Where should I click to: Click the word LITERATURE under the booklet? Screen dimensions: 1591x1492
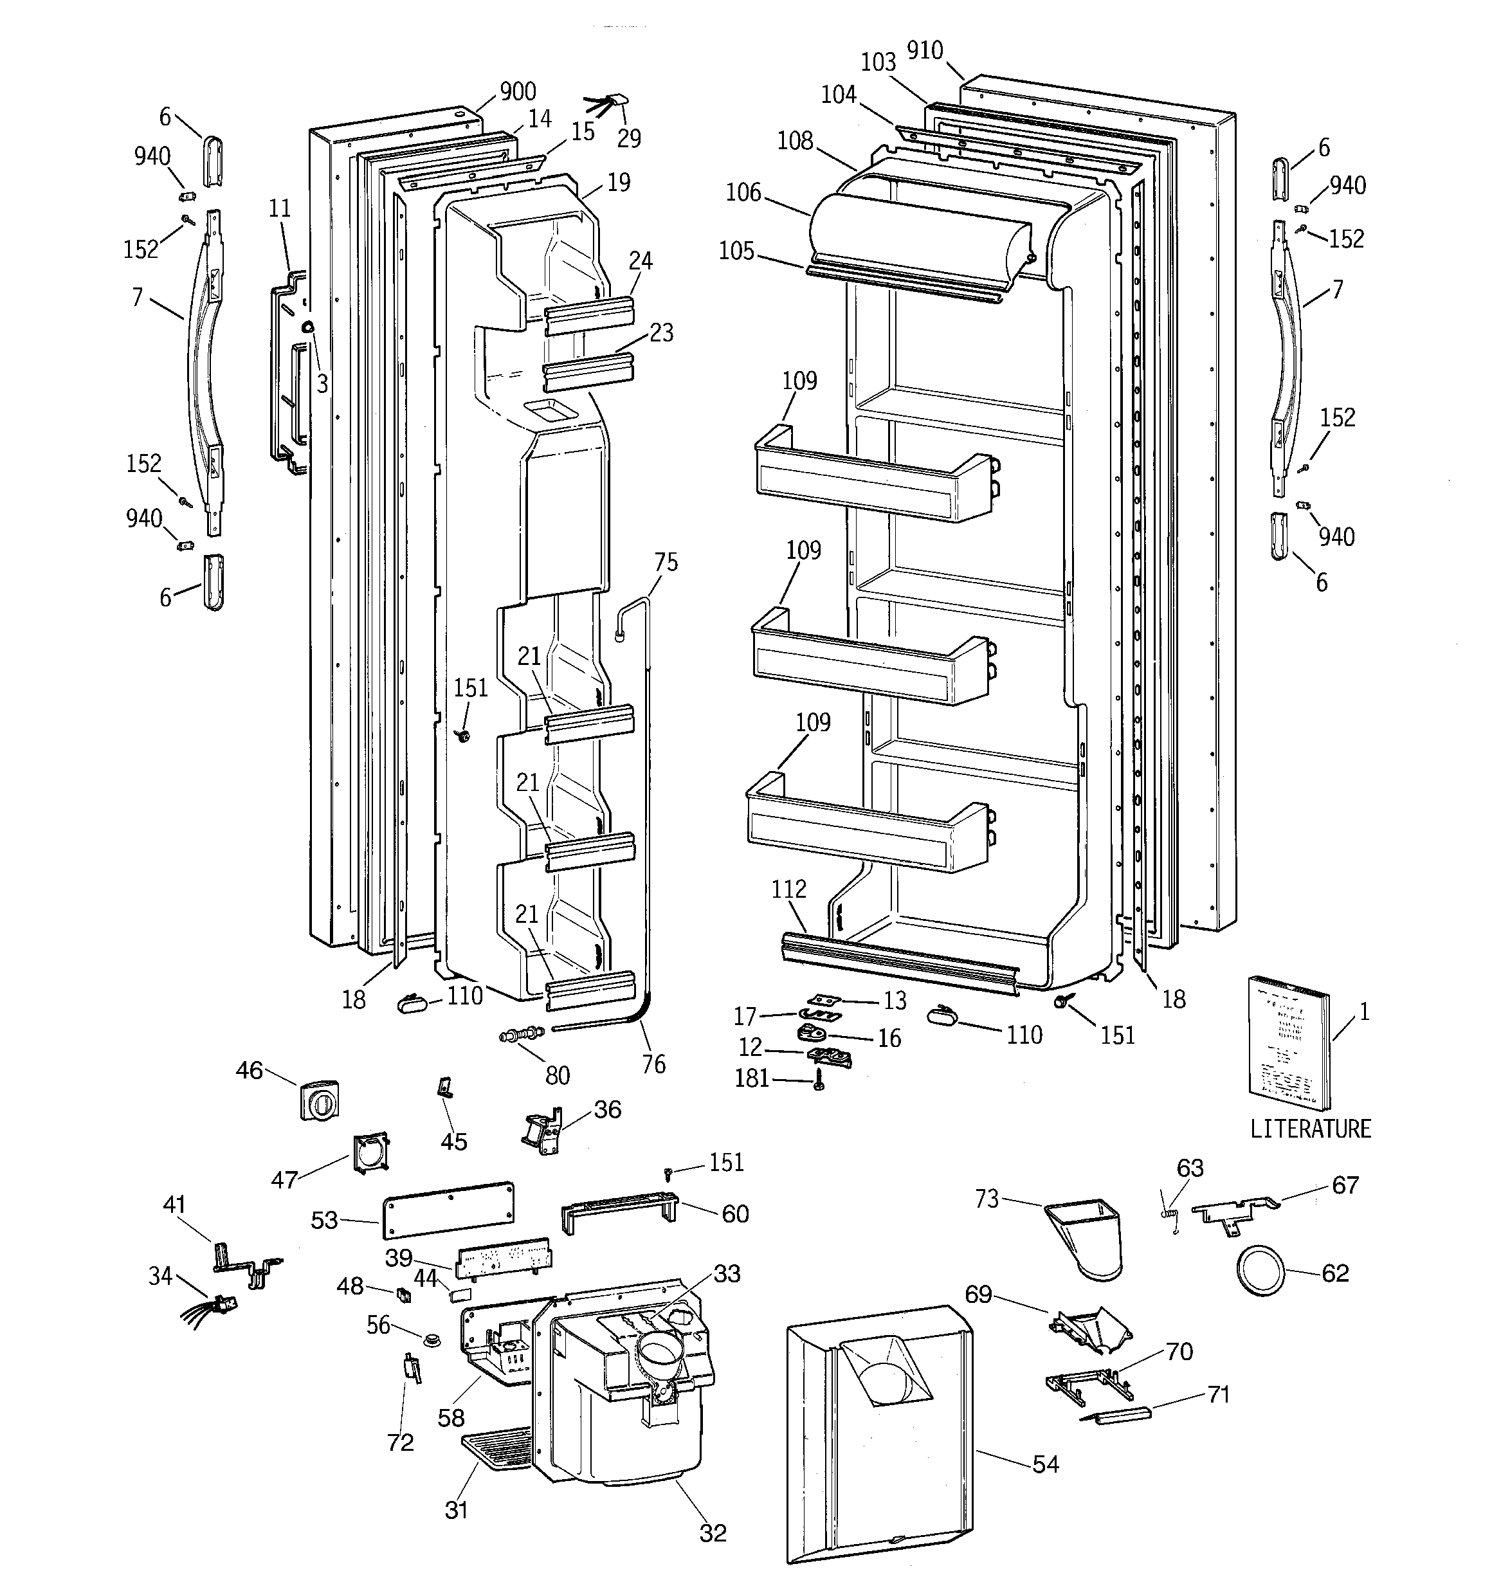[x=1310, y=1129]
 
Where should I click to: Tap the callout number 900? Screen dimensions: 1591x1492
[x=517, y=91]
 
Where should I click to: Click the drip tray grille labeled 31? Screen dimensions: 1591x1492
[x=496, y=1450]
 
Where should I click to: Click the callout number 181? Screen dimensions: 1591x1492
[x=752, y=1079]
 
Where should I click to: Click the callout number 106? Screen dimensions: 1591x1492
[x=743, y=193]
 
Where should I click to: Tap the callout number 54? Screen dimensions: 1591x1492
[x=1045, y=1464]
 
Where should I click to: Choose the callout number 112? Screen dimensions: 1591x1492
[x=788, y=889]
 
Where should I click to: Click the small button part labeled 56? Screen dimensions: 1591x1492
[x=432, y=1339]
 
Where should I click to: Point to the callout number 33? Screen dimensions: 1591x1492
[x=727, y=1273]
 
